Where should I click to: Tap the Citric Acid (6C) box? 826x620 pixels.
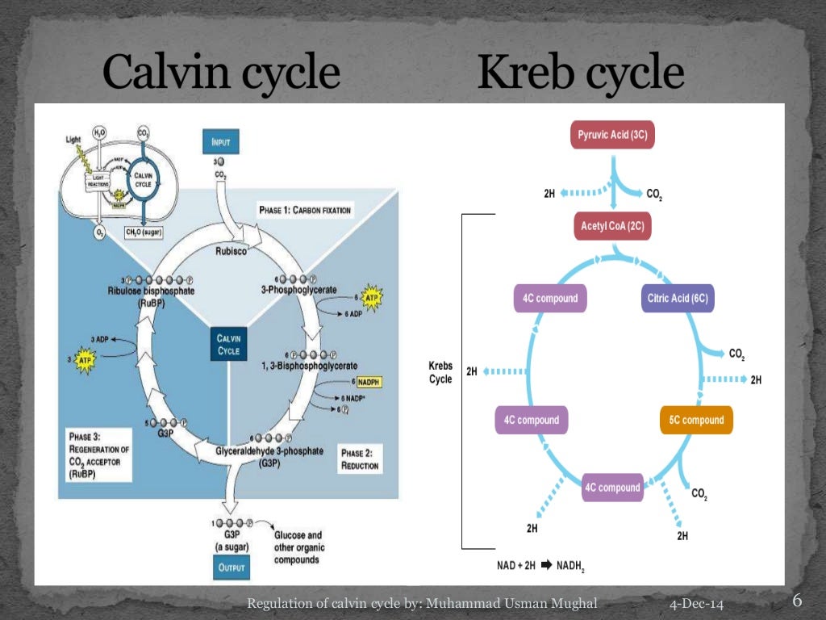click(x=678, y=298)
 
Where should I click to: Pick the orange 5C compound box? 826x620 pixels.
click(x=696, y=420)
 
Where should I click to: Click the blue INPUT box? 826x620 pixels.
click(x=220, y=142)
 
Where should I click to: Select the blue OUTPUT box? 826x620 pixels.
click(x=231, y=568)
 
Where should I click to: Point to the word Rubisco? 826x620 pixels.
click(x=232, y=251)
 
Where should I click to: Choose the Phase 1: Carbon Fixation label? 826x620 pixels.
click(x=305, y=210)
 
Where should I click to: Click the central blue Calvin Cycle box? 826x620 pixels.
click(x=228, y=345)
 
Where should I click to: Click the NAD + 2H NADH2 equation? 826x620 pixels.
click(x=540, y=565)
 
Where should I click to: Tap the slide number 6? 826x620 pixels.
click(x=797, y=601)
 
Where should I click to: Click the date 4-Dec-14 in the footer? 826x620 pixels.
click(x=696, y=605)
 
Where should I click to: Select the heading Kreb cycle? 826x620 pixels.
click(x=580, y=74)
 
